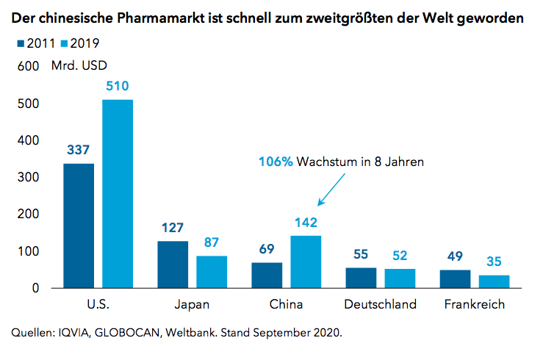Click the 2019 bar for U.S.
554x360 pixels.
pyautogui.click(x=118, y=194)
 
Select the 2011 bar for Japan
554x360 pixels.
pyautogui.click(x=173, y=264)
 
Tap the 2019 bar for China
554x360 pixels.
pyautogui.click(x=306, y=262)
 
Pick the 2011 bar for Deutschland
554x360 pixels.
pyautogui.click(x=361, y=278)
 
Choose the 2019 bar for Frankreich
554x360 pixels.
pyautogui.click(x=494, y=281)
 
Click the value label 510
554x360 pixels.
pyautogui.click(x=118, y=86)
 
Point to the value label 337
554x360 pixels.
pyautogui.click(x=79, y=150)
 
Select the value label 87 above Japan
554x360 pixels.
pyautogui.click(x=212, y=242)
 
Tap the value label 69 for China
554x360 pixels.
pyautogui.click(x=267, y=248)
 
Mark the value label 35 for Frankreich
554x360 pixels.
pyautogui.click(x=494, y=262)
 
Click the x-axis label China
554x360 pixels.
pyautogui.click(x=286, y=304)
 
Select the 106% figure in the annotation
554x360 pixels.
pyautogui.click(x=276, y=162)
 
